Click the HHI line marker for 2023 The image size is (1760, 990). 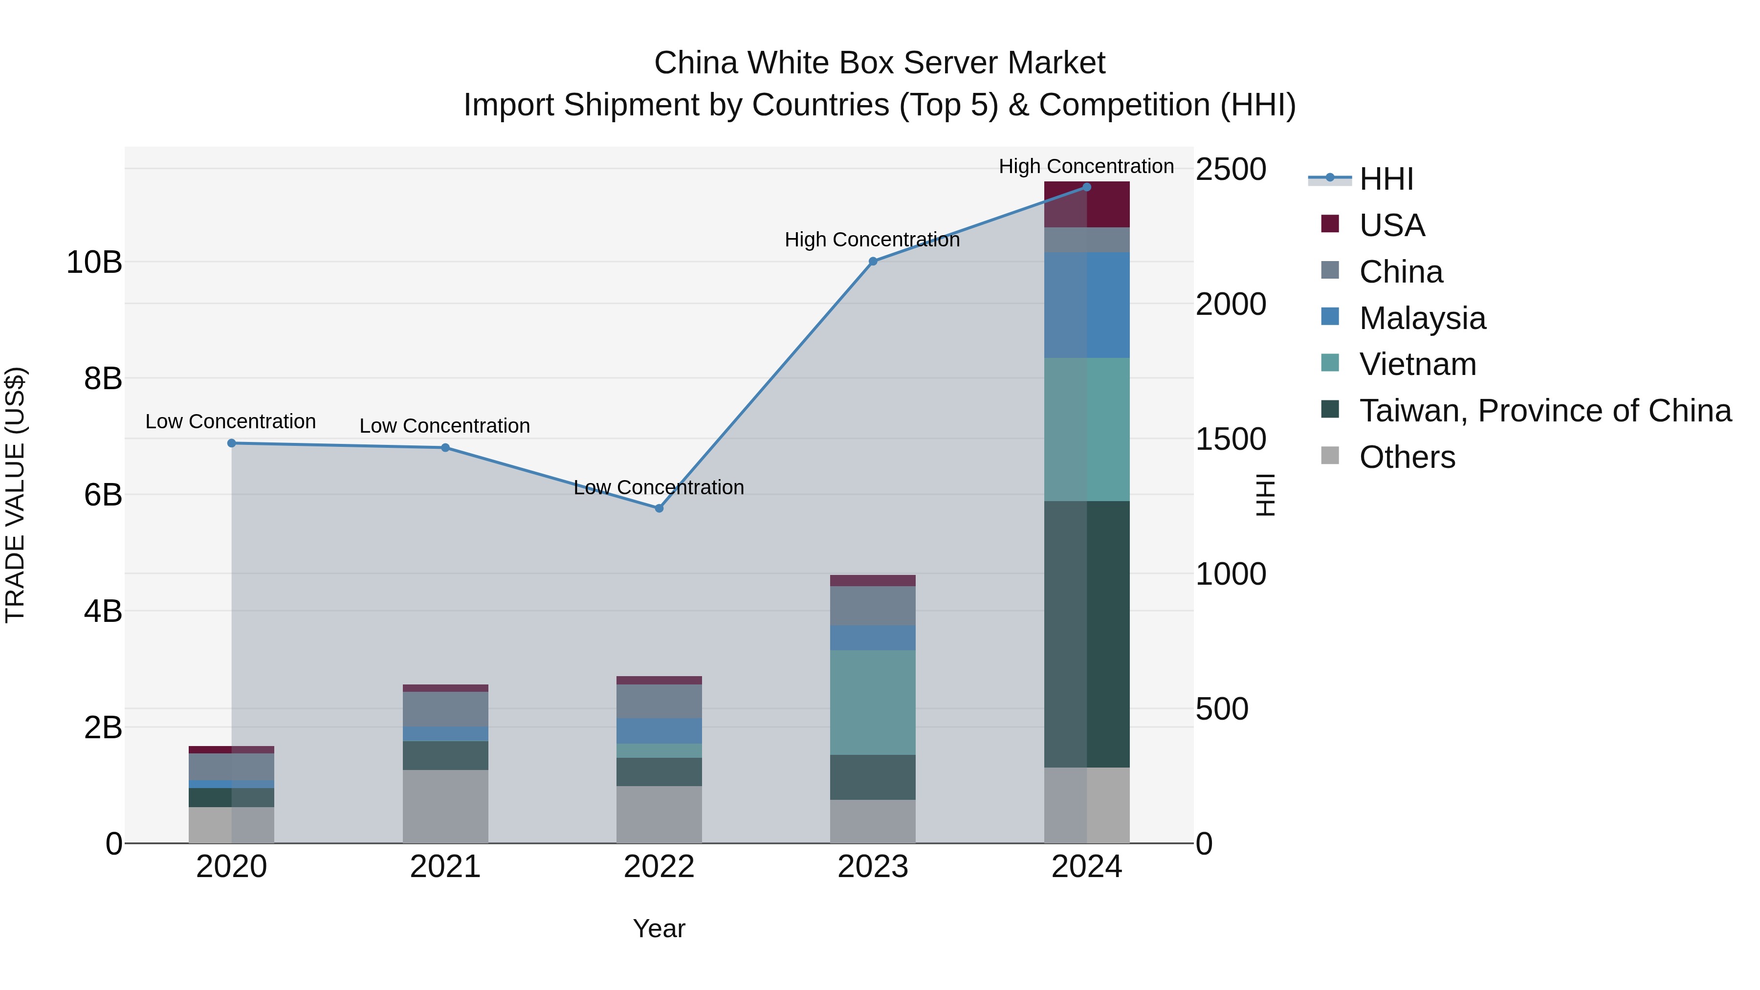[873, 261]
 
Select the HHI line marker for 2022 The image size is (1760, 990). [659, 508]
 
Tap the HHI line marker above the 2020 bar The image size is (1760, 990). [232, 443]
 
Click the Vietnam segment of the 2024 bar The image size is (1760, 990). [1086, 429]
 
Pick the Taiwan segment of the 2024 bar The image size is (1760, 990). [1086, 634]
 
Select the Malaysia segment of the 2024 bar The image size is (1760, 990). [1086, 305]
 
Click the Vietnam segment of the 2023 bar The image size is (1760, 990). [873, 703]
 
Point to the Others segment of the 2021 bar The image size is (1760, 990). [445, 806]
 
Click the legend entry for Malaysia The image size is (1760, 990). [1421, 318]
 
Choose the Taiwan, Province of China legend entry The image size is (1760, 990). [1544, 411]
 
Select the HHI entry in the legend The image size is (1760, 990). [1386, 179]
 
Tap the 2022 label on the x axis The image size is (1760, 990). [659, 867]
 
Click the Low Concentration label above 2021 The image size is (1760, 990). [445, 426]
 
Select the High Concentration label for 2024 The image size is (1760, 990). [1086, 166]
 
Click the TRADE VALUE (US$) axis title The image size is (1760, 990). [15, 495]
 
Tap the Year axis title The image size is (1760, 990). [659, 928]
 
